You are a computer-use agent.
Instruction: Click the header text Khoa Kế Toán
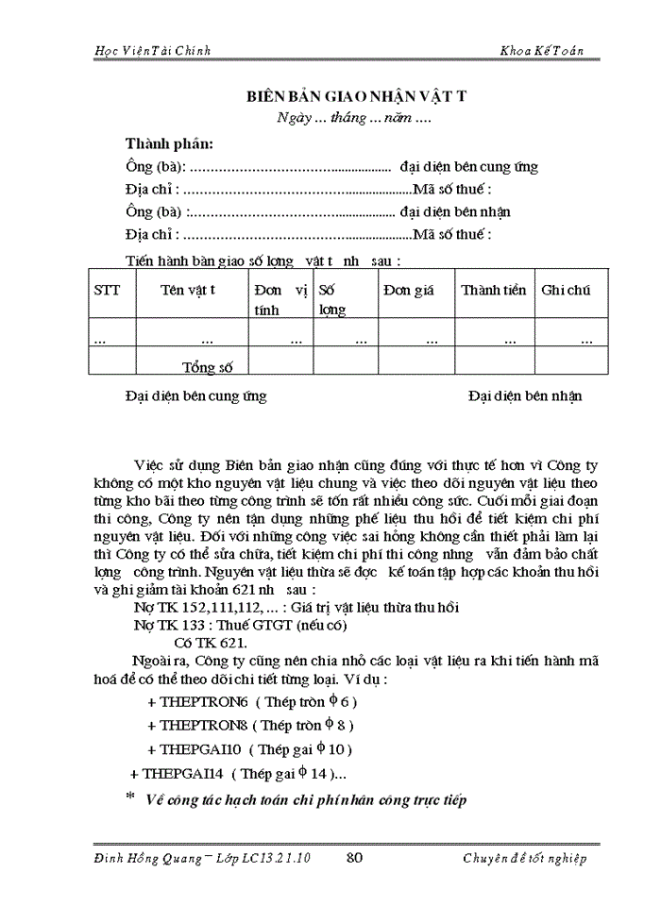coord(543,49)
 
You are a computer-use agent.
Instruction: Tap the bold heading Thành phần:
coord(169,143)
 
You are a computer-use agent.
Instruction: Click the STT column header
coord(108,290)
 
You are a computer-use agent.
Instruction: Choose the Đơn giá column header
coord(409,290)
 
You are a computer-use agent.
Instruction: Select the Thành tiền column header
coord(493,290)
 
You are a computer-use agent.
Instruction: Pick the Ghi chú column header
coord(566,290)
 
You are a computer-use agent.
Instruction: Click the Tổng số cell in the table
coord(207,368)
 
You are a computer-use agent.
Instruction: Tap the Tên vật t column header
coord(188,290)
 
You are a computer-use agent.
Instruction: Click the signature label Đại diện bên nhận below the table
coord(525,395)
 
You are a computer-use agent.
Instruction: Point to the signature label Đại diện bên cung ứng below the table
coord(195,395)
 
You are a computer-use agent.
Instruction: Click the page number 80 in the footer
coord(356,857)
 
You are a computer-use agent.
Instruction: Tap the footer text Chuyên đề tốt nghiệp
coord(525,857)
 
